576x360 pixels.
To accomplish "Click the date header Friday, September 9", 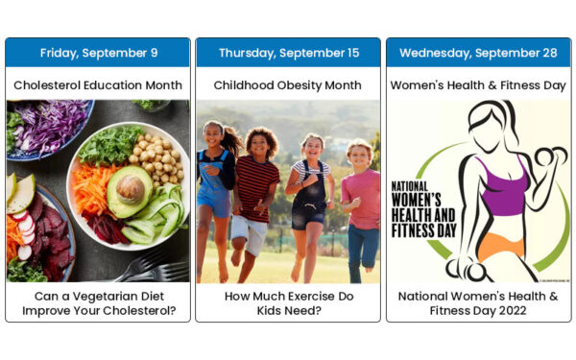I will tap(98, 52).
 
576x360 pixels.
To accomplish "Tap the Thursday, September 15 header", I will tap(288, 52).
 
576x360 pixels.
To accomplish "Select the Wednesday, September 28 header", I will tap(478, 52).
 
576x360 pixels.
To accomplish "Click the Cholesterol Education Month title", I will tap(98, 84).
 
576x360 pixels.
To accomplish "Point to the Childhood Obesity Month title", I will tap(288, 84).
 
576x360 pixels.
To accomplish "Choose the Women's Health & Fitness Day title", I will tap(478, 84).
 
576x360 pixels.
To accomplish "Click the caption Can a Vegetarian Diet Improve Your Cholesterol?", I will tap(98, 302).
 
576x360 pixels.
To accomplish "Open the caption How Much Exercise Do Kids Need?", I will tap(288, 302).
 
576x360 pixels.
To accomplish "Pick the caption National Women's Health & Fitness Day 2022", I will tap(478, 302).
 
